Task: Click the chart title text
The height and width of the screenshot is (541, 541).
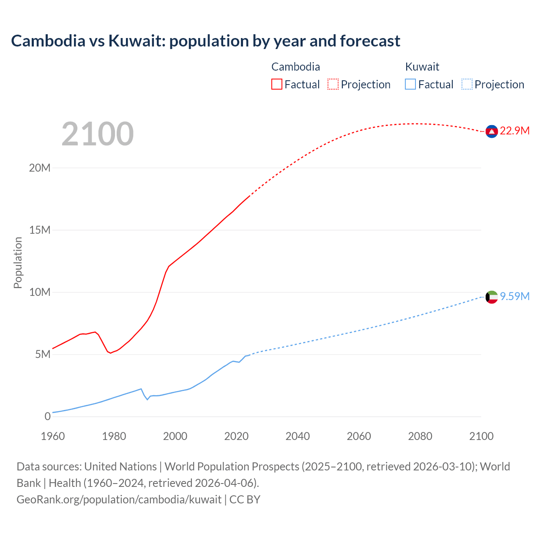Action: click(205, 41)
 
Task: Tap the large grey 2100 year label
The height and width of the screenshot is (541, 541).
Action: click(98, 134)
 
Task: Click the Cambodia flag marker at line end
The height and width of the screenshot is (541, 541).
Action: click(491, 131)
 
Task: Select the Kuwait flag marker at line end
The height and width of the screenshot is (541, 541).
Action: click(491, 297)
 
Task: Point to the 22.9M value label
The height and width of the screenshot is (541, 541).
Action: click(514, 131)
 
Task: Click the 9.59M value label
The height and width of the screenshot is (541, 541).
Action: click(514, 296)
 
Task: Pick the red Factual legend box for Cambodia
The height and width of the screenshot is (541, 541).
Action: click(277, 84)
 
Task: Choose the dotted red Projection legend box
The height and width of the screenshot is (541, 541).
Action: click(333, 84)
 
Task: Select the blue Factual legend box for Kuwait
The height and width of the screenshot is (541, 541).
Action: click(410, 84)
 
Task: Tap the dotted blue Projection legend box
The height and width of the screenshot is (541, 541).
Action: click(467, 84)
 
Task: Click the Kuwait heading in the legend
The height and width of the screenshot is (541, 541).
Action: click(422, 67)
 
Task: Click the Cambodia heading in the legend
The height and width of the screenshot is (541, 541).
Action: click(295, 67)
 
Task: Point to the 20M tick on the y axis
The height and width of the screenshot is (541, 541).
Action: click(40, 168)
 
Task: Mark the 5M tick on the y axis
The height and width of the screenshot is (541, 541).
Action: click(43, 354)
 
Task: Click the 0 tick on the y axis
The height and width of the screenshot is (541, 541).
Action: click(47, 416)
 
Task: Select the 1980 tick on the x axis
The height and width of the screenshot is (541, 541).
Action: click(114, 436)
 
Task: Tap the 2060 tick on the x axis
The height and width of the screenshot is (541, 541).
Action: click(359, 436)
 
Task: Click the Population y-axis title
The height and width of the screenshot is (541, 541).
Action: click(18, 262)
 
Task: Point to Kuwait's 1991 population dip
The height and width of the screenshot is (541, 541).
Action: click(148, 399)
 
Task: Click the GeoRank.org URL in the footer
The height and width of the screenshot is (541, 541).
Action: click(119, 500)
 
